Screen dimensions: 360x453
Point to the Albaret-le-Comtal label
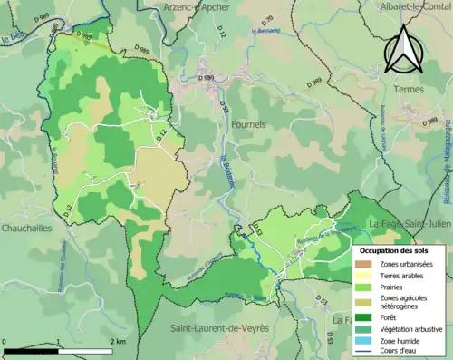point(403,6)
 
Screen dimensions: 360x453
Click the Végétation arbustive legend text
point(413,329)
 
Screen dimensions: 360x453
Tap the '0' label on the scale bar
point(5,342)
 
